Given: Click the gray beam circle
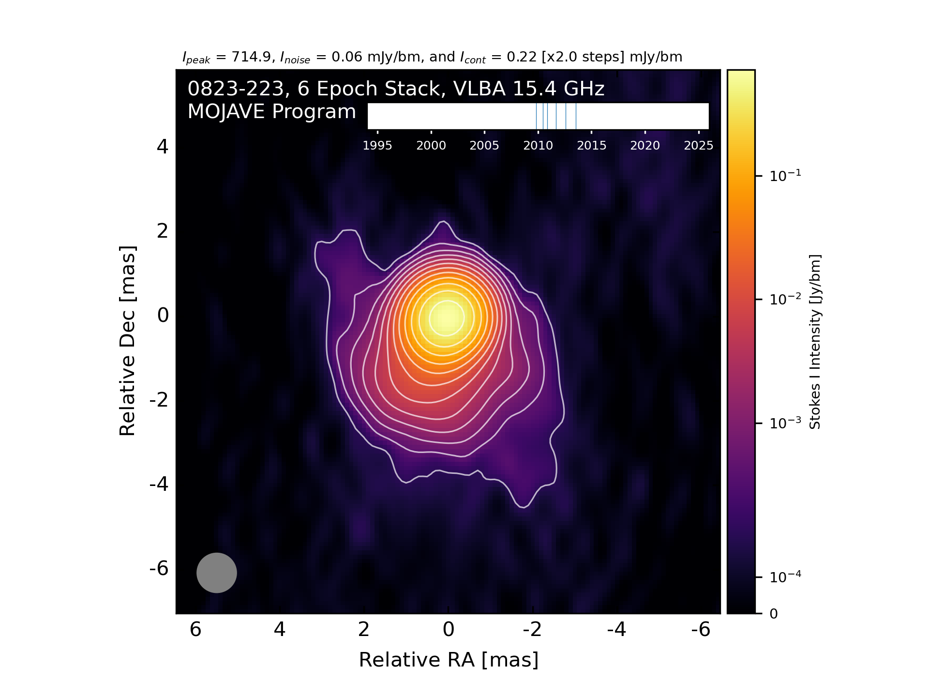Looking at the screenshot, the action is click(x=216, y=573).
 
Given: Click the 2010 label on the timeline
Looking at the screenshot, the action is click(x=538, y=146).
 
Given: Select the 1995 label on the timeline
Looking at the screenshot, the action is click(x=377, y=146).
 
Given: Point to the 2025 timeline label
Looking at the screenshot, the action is click(x=698, y=146).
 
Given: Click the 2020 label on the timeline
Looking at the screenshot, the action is click(x=645, y=146).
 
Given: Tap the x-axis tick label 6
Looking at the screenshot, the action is click(x=195, y=630).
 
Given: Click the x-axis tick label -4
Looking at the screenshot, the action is click(x=616, y=630).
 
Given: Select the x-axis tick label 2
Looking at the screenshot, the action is click(x=364, y=630).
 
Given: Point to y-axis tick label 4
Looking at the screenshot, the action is click(x=163, y=147).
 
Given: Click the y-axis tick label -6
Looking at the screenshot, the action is click(x=159, y=568).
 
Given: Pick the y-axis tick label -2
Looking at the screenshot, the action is click(x=159, y=400).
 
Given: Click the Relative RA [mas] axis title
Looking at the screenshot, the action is click(x=449, y=660).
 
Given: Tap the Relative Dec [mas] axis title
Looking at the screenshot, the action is click(x=127, y=341).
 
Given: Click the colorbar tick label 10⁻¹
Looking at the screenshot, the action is click(x=785, y=175).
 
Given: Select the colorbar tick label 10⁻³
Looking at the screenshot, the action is click(x=785, y=423).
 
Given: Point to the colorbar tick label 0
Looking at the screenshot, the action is click(x=774, y=614).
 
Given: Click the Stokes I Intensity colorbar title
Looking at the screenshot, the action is click(x=815, y=342).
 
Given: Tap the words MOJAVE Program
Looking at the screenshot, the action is click(x=272, y=112).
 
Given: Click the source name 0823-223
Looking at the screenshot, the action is click(x=236, y=89).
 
